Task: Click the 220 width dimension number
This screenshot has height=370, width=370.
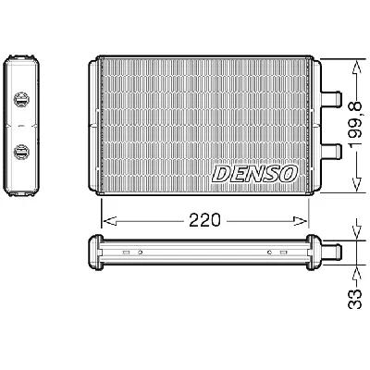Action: tap(203, 222)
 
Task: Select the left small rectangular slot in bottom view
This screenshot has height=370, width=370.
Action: tap(125, 252)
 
